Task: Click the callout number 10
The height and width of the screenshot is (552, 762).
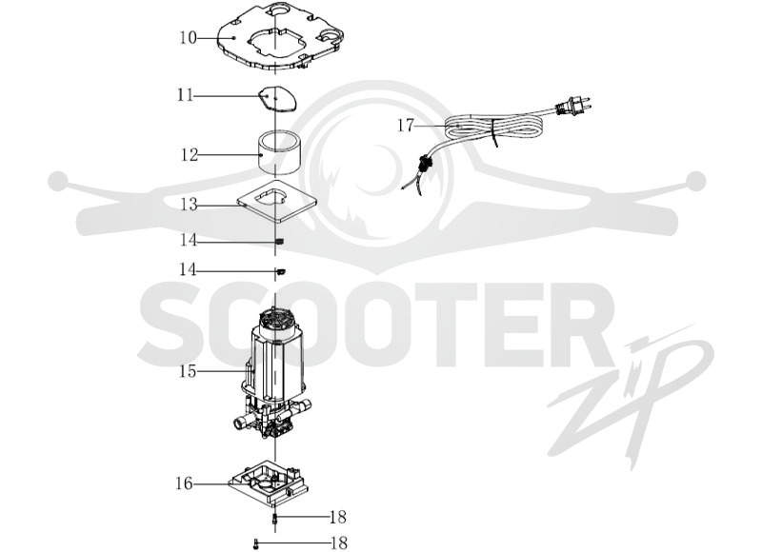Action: click(x=188, y=37)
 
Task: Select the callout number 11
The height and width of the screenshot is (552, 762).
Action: click(x=186, y=94)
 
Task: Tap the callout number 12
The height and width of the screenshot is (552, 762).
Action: click(x=190, y=155)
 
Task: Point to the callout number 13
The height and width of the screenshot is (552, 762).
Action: click(x=189, y=205)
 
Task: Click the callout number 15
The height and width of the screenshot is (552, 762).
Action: click(x=188, y=371)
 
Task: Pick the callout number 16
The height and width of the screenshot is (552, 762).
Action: click(x=184, y=483)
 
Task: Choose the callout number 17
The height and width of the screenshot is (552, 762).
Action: click(x=406, y=126)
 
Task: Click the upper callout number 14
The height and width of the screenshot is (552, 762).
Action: click(x=188, y=240)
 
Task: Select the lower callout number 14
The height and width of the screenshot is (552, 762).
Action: click(x=188, y=269)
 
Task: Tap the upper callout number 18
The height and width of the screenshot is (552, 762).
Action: click(x=338, y=517)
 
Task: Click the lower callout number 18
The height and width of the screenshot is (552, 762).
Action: click(x=339, y=542)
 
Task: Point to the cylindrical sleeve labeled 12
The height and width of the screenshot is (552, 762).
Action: click(x=279, y=153)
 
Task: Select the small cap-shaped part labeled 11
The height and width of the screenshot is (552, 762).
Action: click(x=277, y=99)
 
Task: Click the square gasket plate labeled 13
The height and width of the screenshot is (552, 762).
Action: click(x=276, y=201)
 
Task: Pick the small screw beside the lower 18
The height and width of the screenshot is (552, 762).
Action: click(x=255, y=543)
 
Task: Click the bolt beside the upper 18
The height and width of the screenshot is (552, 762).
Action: click(x=275, y=518)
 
